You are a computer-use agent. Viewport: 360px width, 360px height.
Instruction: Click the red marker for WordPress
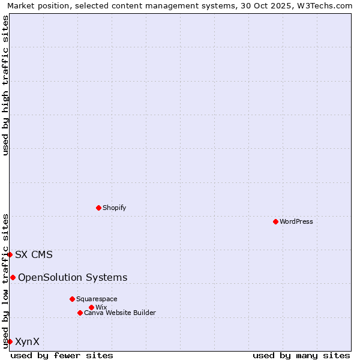[275, 221]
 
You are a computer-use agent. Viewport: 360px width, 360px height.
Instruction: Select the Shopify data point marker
[98, 208]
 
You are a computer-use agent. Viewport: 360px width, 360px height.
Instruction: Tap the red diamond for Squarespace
[72, 299]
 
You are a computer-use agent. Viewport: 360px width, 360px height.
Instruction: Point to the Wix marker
[91, 307]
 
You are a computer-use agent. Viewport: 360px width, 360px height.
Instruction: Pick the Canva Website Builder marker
[80, 313]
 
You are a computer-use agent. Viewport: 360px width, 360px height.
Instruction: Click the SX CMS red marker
[10, 254]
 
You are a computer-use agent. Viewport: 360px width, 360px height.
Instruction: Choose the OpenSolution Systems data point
[13, 277]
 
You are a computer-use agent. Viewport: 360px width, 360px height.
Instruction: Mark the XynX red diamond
[10, 341]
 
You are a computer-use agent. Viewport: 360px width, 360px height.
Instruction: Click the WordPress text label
[296, 221]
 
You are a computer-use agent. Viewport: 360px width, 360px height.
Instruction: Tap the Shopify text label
[114, 208]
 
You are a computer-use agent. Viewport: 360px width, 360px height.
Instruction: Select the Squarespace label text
[97, 299]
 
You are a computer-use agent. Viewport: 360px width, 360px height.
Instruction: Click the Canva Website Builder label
[120, 313]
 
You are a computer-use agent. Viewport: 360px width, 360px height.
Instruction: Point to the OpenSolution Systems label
[73, 277]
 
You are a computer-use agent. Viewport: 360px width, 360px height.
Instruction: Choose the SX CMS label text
[34, 254]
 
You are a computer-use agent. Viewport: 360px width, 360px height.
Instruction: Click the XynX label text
[27, 341]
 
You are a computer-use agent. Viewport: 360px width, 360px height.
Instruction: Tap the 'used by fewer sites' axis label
[62, 355]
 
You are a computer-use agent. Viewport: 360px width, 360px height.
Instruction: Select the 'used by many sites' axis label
[301, 355]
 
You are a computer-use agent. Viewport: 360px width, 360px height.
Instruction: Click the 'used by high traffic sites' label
[5, 85]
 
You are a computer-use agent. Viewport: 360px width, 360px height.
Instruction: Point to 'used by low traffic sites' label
[5, 280]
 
